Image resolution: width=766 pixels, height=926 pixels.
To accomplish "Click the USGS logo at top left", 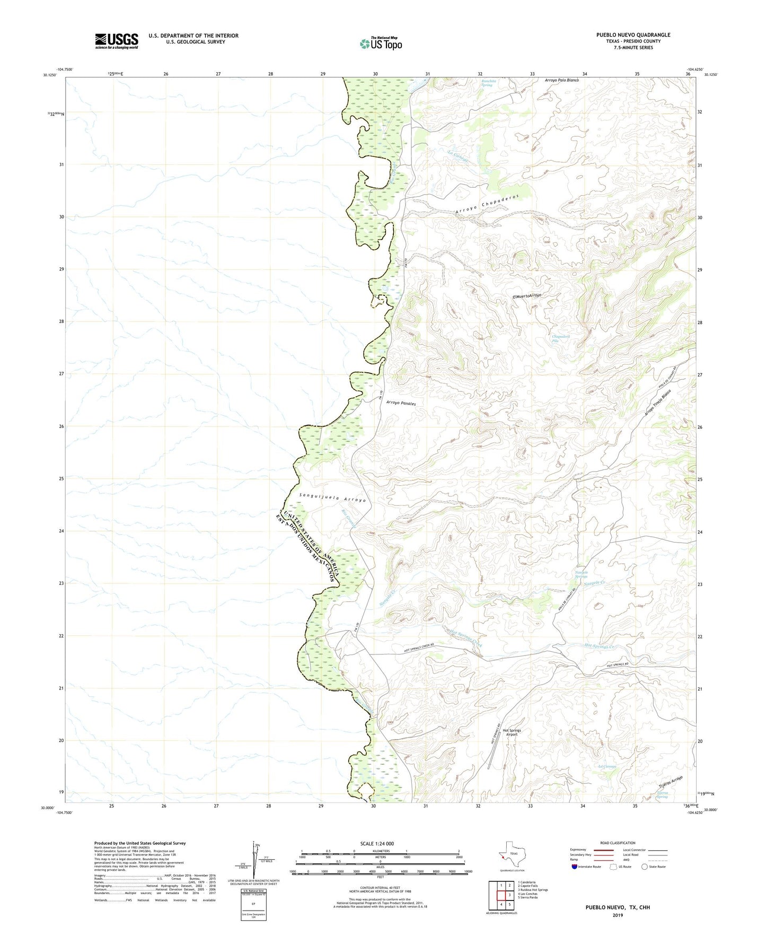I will click(117, 41).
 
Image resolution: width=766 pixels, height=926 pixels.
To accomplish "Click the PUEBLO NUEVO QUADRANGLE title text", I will click(632, 35).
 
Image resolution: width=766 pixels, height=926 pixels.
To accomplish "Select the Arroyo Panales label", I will click(401, 403).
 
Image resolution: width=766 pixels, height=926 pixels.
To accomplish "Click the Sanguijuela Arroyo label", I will click(332, 498).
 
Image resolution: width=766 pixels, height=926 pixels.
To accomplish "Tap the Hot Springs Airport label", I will click(511, 732).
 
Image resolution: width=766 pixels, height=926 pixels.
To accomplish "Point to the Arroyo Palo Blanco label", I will click(561, 81).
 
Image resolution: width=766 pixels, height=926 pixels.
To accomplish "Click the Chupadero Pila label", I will click(561, 338).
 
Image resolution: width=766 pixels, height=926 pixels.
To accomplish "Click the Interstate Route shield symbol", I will click(575, 867).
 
